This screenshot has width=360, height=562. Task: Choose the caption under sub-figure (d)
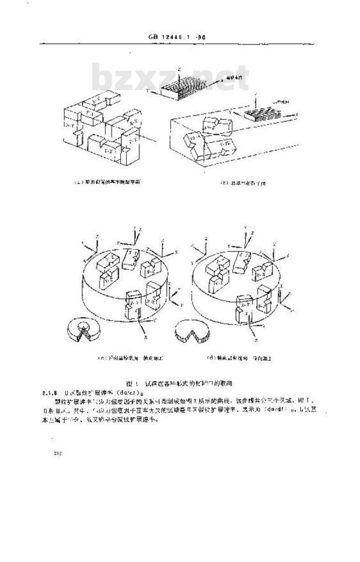click(239, 359)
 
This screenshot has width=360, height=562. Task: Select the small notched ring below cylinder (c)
click(83, 330)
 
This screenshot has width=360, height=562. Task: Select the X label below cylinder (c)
click(146, 336)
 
